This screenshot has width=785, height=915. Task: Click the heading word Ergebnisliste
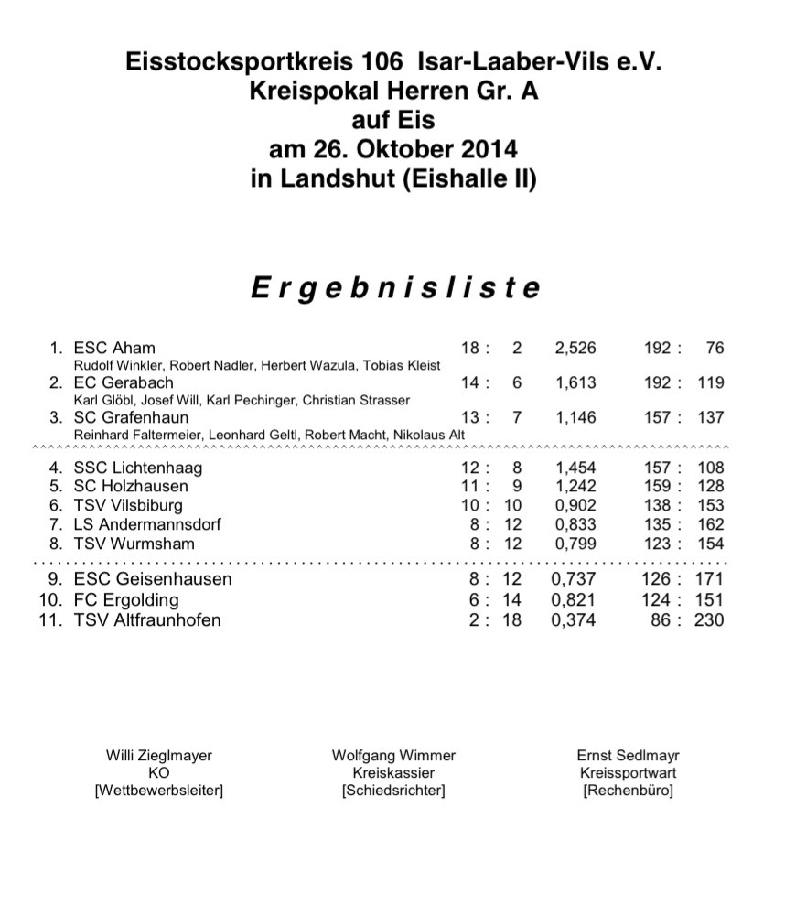click(x=395, y=288)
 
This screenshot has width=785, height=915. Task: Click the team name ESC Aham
click(x=114, y=348)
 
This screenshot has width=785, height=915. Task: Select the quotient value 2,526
click(x=575, y=348)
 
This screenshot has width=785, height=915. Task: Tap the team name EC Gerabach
click(x=124, y=382)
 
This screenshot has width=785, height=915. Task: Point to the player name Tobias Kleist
click(x=406, y=365)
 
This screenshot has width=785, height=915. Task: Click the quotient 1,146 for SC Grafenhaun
click(x=575, y=417)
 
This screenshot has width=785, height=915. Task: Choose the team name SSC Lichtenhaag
click(x=138, y=468)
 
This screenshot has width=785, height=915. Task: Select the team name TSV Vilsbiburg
click(x=128, y=505)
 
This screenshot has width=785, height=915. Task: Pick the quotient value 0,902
click(x=575, y=505)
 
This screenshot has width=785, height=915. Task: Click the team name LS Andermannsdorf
click(x=147, y=524)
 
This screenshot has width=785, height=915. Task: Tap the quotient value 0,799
click(x=575, y=544)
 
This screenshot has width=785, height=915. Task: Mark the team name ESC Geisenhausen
click(x=153, y=579)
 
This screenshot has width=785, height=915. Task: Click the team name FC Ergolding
click(x=126, y=600)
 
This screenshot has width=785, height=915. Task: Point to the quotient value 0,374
click(x=575, y=620)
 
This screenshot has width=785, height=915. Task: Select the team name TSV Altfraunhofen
click(x=147, y=620)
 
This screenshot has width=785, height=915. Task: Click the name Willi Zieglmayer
click(x=159, y=756)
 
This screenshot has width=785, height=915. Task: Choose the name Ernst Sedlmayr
click(x=628, y=756)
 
